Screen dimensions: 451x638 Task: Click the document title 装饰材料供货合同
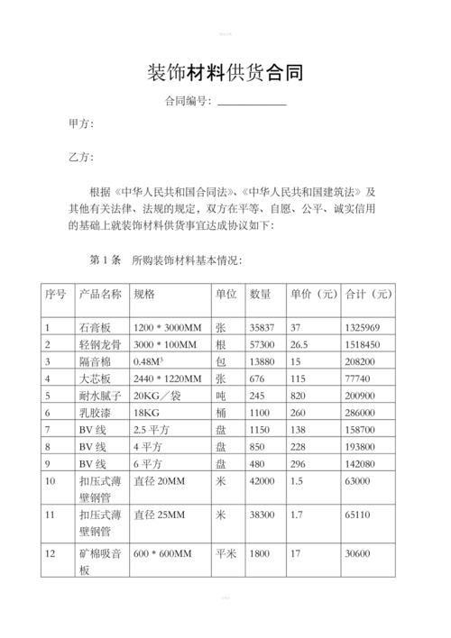click(x=225, y=72)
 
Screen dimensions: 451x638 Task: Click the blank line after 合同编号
click(x=252, y=103)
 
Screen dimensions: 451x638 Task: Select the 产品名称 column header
click(x=100, y=295)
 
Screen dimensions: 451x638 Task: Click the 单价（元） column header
click(x=313, y=295)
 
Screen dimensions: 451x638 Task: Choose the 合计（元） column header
click(x=369, y=295)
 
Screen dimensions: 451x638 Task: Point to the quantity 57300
click(x=262, y=344)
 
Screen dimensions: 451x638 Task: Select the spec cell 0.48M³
click(x=148, y=360)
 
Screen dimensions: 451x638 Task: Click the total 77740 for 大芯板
click(x=360, y=378)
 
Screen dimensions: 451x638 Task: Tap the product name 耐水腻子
click(x=100, y=396)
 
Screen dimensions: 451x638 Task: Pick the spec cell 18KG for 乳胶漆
click(x=146, y=413)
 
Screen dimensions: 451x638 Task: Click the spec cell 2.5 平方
click(x=152, y=430)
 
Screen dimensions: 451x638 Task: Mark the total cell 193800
click(x=363, y=447)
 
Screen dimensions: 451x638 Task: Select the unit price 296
click(x=299, y=464)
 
